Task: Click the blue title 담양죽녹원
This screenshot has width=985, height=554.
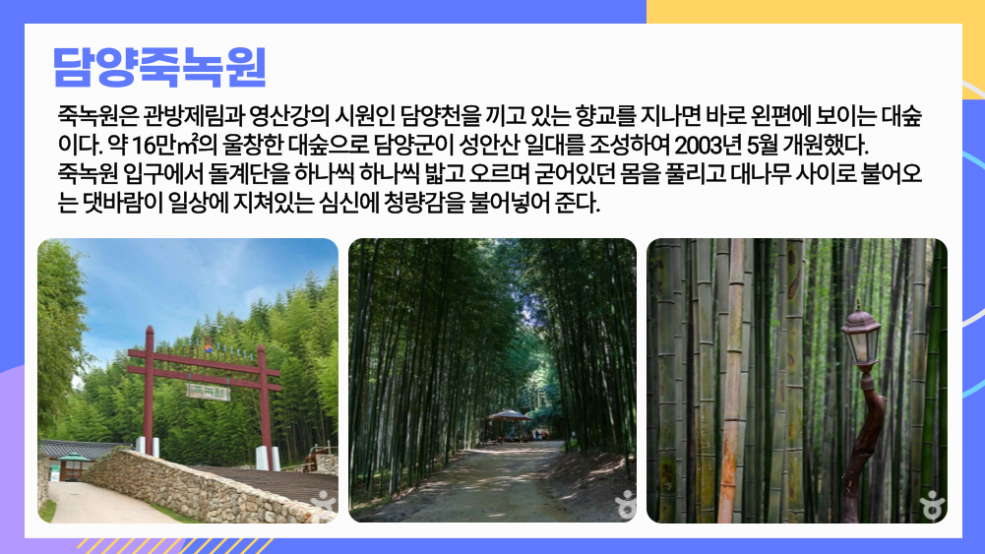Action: click(160, 67)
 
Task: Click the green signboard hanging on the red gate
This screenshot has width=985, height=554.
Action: click(208, 392)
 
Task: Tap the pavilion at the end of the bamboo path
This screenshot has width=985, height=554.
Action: click(509, 425)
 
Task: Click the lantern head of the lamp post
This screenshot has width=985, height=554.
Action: click(861, 338)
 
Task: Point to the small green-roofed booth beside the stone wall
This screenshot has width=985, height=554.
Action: click(73, 466)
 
